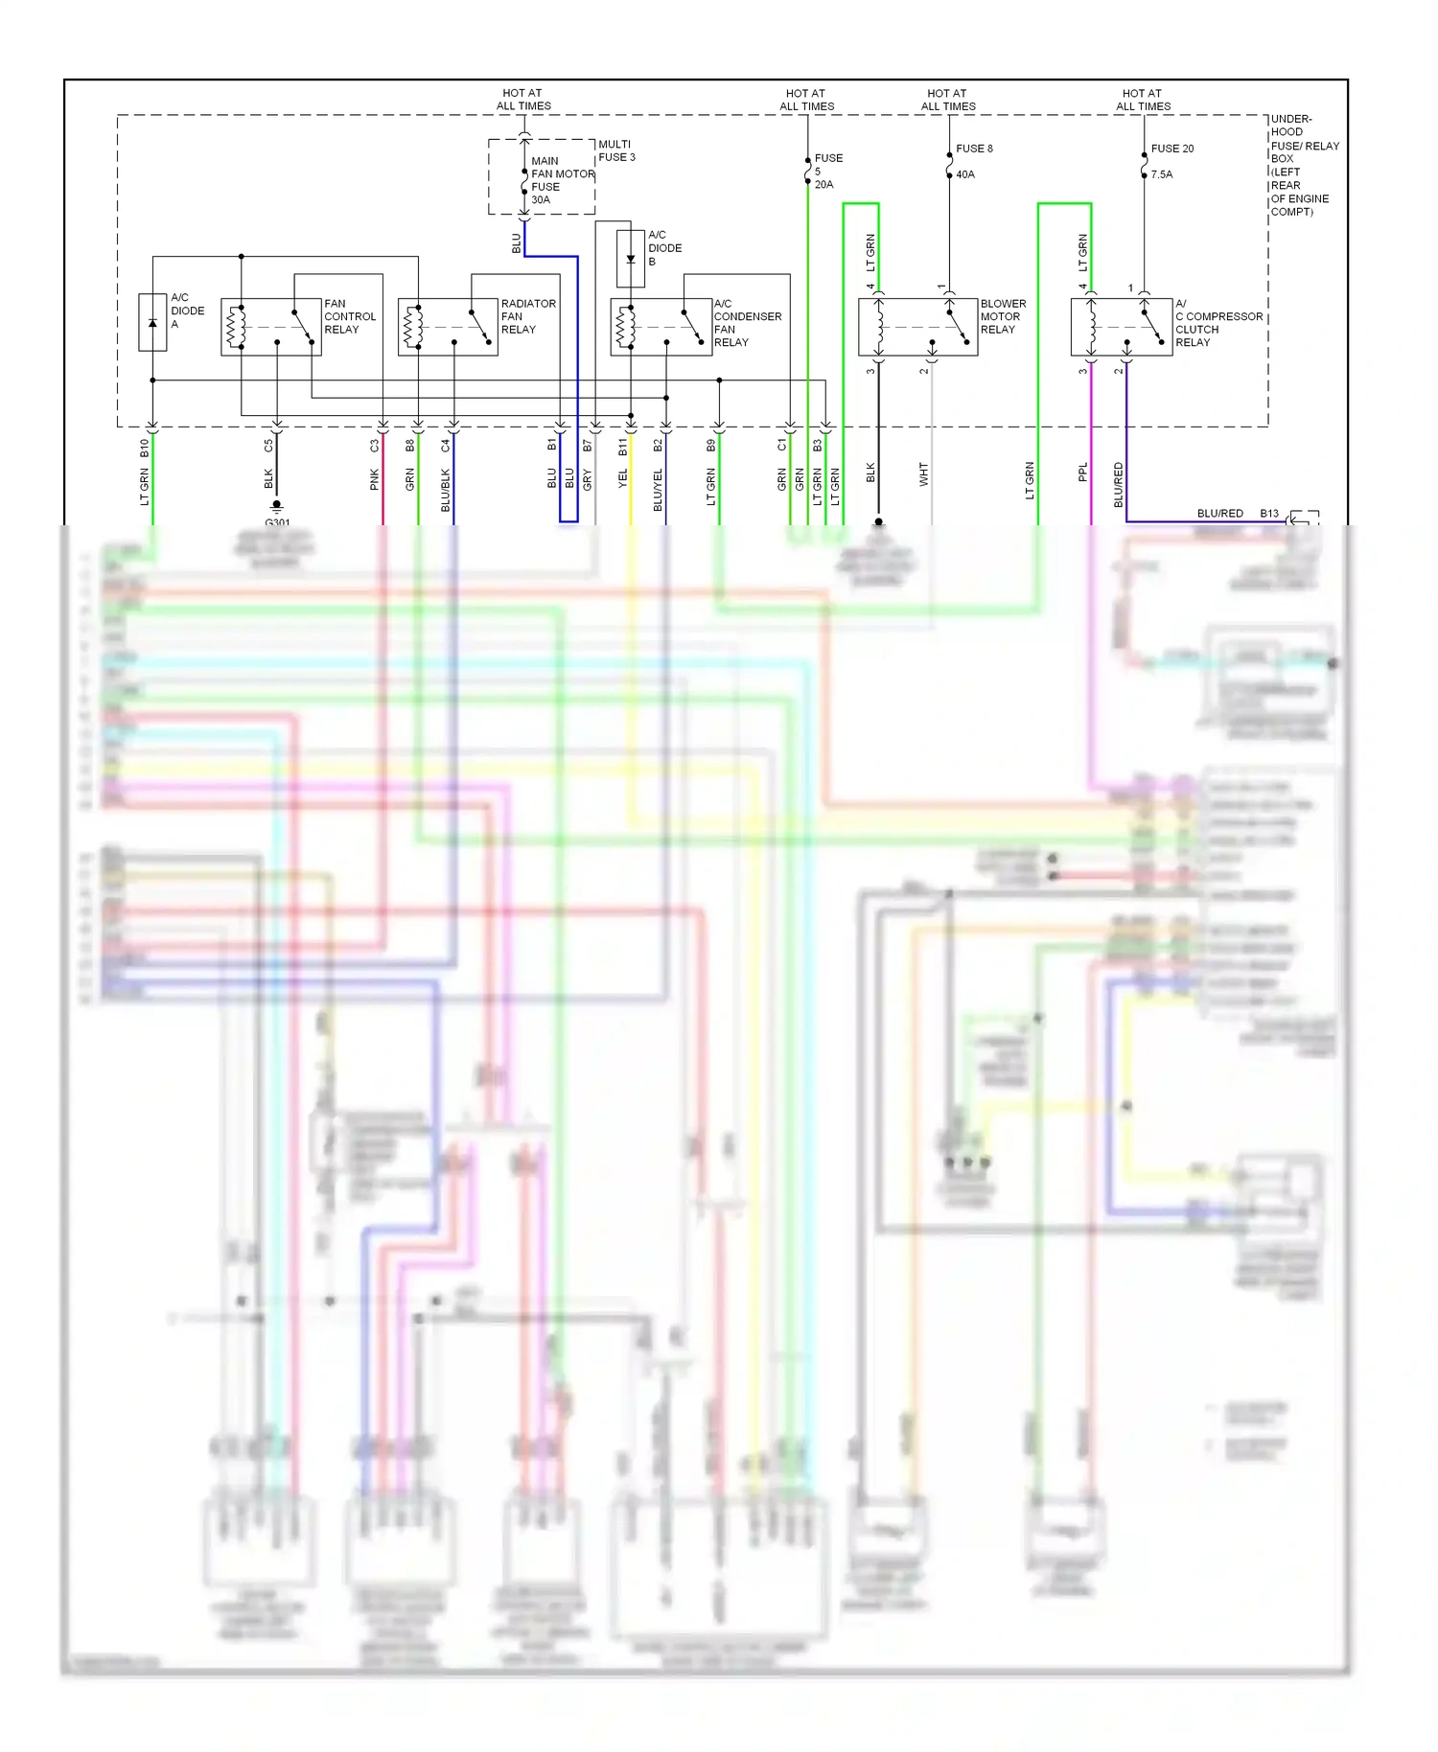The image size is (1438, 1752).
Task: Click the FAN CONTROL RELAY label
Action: (350, 316)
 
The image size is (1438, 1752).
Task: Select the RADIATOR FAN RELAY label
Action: (527, 316)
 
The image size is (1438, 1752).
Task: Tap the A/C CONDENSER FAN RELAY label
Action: (747, 323)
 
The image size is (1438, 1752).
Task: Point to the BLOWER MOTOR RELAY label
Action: (1002, 316)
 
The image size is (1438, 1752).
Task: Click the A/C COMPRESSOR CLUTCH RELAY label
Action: (1218, 323)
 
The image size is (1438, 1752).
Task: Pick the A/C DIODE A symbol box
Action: (152, 322)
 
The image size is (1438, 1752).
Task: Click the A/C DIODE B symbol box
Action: (630, 259)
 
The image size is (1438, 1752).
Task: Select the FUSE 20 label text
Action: (1171, 149)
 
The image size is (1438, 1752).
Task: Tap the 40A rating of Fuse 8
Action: (964, 174)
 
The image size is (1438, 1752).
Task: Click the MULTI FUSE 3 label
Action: (616, 150)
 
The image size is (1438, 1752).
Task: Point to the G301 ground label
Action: (277, 522)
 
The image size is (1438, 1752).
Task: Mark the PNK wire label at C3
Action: (375, 480)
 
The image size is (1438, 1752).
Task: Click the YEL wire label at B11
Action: (623, 476)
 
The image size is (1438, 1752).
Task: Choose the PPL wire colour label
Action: (1083, 473)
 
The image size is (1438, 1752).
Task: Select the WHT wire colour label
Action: (924, 474)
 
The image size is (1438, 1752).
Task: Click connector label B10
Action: (145, 447)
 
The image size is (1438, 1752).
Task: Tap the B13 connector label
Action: (1268, 514)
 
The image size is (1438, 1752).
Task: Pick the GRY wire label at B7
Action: (588, 479)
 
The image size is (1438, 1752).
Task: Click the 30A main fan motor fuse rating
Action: (541, 200)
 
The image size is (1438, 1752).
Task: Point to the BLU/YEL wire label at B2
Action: (659, 489)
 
